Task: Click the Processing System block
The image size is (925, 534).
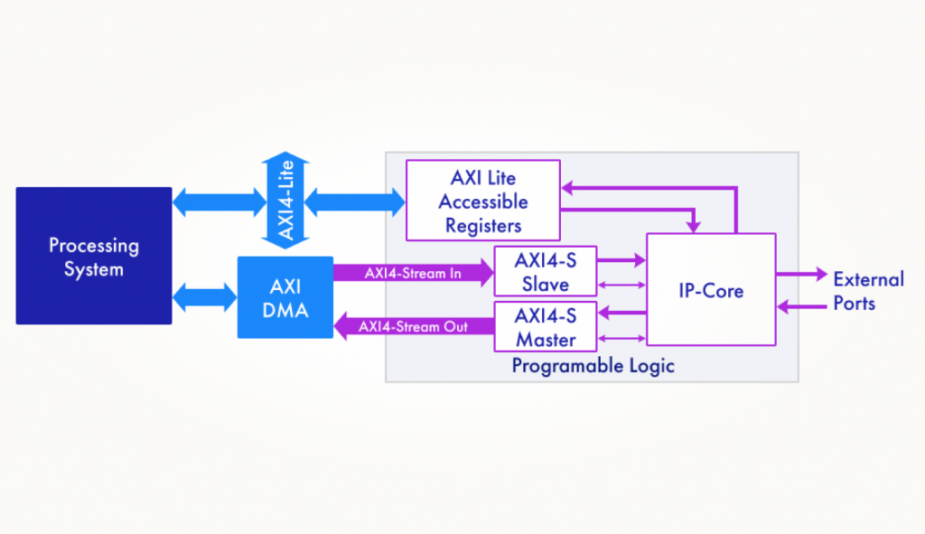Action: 94,256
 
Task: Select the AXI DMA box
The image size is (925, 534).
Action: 285,297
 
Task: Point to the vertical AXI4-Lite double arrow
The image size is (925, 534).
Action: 285,200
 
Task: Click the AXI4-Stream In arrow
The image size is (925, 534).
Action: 414,273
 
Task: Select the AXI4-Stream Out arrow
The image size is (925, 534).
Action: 414,326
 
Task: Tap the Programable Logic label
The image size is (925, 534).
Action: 593,366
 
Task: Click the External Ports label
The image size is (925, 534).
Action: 868,291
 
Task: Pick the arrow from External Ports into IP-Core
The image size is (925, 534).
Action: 802,306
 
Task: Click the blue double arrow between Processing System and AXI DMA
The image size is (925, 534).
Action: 205,296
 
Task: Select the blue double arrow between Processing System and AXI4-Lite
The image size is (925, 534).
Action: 220,202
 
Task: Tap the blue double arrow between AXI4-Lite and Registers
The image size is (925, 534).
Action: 354,202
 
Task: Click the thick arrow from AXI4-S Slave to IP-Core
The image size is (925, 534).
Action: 621,259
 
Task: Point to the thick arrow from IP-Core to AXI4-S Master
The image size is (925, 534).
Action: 622,313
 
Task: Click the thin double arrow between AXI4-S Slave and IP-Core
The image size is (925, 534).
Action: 621,285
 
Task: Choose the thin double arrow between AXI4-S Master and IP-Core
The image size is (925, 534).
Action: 621,339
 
